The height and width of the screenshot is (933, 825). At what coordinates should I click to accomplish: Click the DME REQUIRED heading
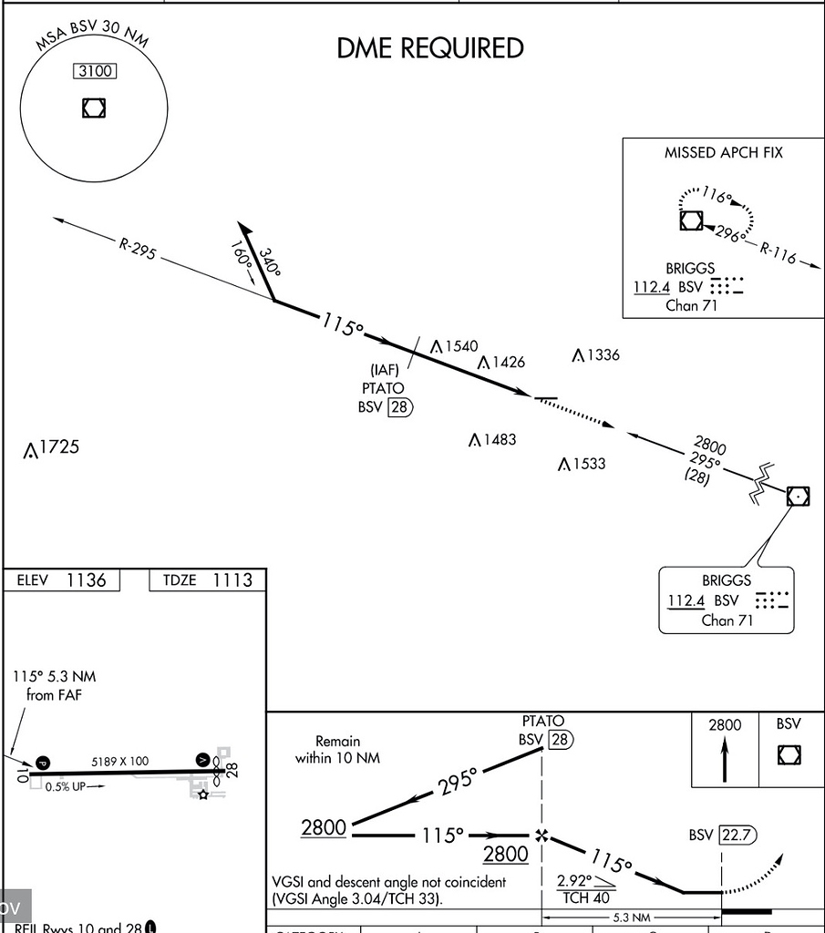pos(430,48)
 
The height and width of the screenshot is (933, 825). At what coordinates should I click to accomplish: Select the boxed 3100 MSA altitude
pos(94,71)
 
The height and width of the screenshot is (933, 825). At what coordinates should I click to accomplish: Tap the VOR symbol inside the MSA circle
pos(93,108)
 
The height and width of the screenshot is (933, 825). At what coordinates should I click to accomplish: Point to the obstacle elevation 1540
pos(460,346)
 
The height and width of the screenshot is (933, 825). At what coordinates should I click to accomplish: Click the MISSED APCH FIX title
pos(723,153)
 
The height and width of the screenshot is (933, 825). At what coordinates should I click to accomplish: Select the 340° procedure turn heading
pos(270,261)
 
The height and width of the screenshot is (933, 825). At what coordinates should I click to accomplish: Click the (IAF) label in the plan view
pos(385,370)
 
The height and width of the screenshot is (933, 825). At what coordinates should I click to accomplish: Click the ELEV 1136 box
pos(62,580)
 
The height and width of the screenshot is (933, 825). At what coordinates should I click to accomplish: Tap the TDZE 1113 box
pos(207,580)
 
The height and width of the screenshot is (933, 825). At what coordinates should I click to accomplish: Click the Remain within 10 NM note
pos(337,749)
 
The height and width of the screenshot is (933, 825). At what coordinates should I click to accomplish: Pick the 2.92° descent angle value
pos(574,881)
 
